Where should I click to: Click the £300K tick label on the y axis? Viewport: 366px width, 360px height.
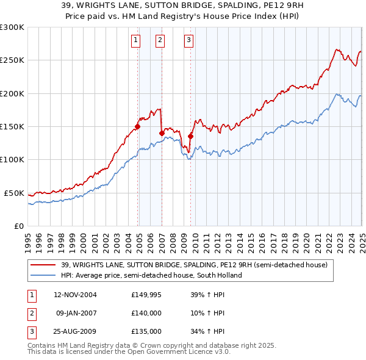12,27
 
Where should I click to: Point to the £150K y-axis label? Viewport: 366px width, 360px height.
12,127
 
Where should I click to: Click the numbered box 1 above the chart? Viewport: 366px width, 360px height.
135,41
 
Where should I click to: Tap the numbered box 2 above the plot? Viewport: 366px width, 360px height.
160,41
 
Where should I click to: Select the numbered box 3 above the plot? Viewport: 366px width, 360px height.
188,41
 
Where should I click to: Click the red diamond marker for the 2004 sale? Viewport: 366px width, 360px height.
138,127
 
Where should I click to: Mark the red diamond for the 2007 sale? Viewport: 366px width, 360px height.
162,133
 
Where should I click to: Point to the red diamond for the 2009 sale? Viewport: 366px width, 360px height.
191,137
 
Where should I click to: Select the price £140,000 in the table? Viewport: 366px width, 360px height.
146,313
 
